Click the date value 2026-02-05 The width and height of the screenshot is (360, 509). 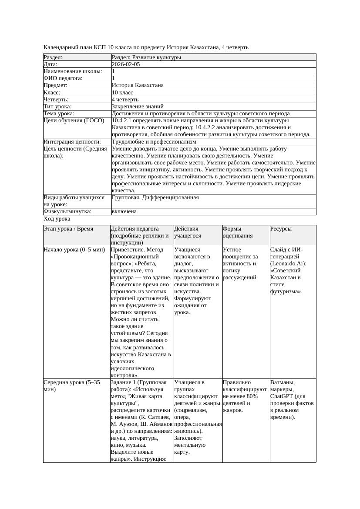tap(126, 64)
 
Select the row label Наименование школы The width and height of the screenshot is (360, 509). tap(73, 71)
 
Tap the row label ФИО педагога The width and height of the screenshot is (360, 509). tap(63, 78)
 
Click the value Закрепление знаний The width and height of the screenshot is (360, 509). tap(138, 106)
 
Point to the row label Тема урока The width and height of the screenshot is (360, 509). tap(60, 113)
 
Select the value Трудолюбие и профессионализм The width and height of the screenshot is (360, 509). tap(154, 141)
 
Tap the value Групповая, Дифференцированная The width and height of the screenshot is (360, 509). tap(155, 198)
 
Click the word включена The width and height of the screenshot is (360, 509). tap(124, 211)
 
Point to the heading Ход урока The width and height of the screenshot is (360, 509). tap(57, 219)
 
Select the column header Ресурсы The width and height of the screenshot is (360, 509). tap(281, 229)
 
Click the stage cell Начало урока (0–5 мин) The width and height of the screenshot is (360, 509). tap(74, 250)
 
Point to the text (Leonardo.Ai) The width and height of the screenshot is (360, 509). tap(288, 264)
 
